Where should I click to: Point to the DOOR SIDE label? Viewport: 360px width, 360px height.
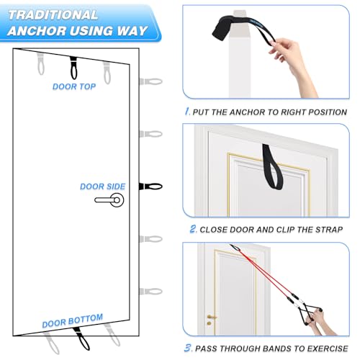pos(102,186)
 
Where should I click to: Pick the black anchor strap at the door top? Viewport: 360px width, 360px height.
pos(73,68)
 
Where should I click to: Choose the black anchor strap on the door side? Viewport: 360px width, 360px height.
pos(151,186)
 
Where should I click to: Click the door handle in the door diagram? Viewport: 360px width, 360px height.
pos(111,200)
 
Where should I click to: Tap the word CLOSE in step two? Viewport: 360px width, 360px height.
pos(217,230)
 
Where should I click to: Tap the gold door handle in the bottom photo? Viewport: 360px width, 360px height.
pos(210,317)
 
